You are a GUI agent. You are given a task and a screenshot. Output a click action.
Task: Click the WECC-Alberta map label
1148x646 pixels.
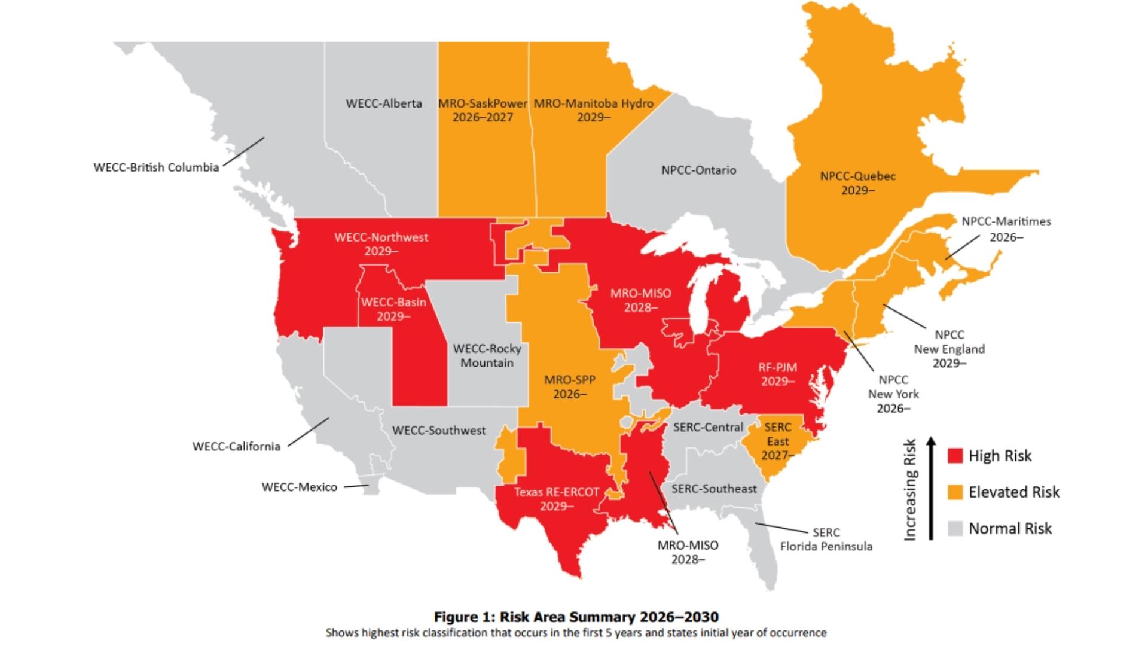click(x=384, y=103)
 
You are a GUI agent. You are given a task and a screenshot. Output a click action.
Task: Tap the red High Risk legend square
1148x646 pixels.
click(x=955, y=456)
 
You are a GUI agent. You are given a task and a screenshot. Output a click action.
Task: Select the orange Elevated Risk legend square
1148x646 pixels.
click(x=955, y=492)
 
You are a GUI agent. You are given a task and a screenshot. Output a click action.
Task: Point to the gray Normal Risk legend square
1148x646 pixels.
click(x=955, y=529)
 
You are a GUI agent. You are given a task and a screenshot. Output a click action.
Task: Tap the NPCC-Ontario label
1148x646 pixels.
click(x=698, y=170)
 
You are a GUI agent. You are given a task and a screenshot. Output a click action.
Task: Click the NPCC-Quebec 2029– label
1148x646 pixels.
click(x=858, y=183)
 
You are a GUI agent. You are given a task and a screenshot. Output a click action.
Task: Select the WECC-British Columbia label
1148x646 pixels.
click(x=156, y=167)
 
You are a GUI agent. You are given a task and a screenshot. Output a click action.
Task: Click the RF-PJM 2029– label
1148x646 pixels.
click(x=778, y=374)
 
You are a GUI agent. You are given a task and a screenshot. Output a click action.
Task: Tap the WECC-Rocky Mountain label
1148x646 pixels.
click(x=487, y=355)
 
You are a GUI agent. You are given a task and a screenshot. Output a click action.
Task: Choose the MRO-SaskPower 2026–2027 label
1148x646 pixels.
click(x=483, y=110)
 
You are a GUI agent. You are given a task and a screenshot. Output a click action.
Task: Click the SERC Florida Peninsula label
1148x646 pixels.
click(x=826, y=539)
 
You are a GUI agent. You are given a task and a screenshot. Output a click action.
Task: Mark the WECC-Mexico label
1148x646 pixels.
click(x=300, y=487)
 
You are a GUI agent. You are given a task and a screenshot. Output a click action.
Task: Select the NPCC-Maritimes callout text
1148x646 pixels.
click(x=1006, y=228)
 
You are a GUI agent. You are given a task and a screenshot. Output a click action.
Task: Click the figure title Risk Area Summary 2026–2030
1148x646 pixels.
click(x=576, y=617)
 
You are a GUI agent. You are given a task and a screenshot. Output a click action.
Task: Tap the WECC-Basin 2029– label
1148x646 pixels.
click(x=393, y=309)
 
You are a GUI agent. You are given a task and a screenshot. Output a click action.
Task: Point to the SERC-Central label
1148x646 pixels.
click(x=708, y=427)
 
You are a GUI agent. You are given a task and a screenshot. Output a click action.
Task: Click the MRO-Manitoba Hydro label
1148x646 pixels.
click(x=593, y=110)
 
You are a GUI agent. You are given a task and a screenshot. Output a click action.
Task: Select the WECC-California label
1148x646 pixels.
click(x=236, y=446)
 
